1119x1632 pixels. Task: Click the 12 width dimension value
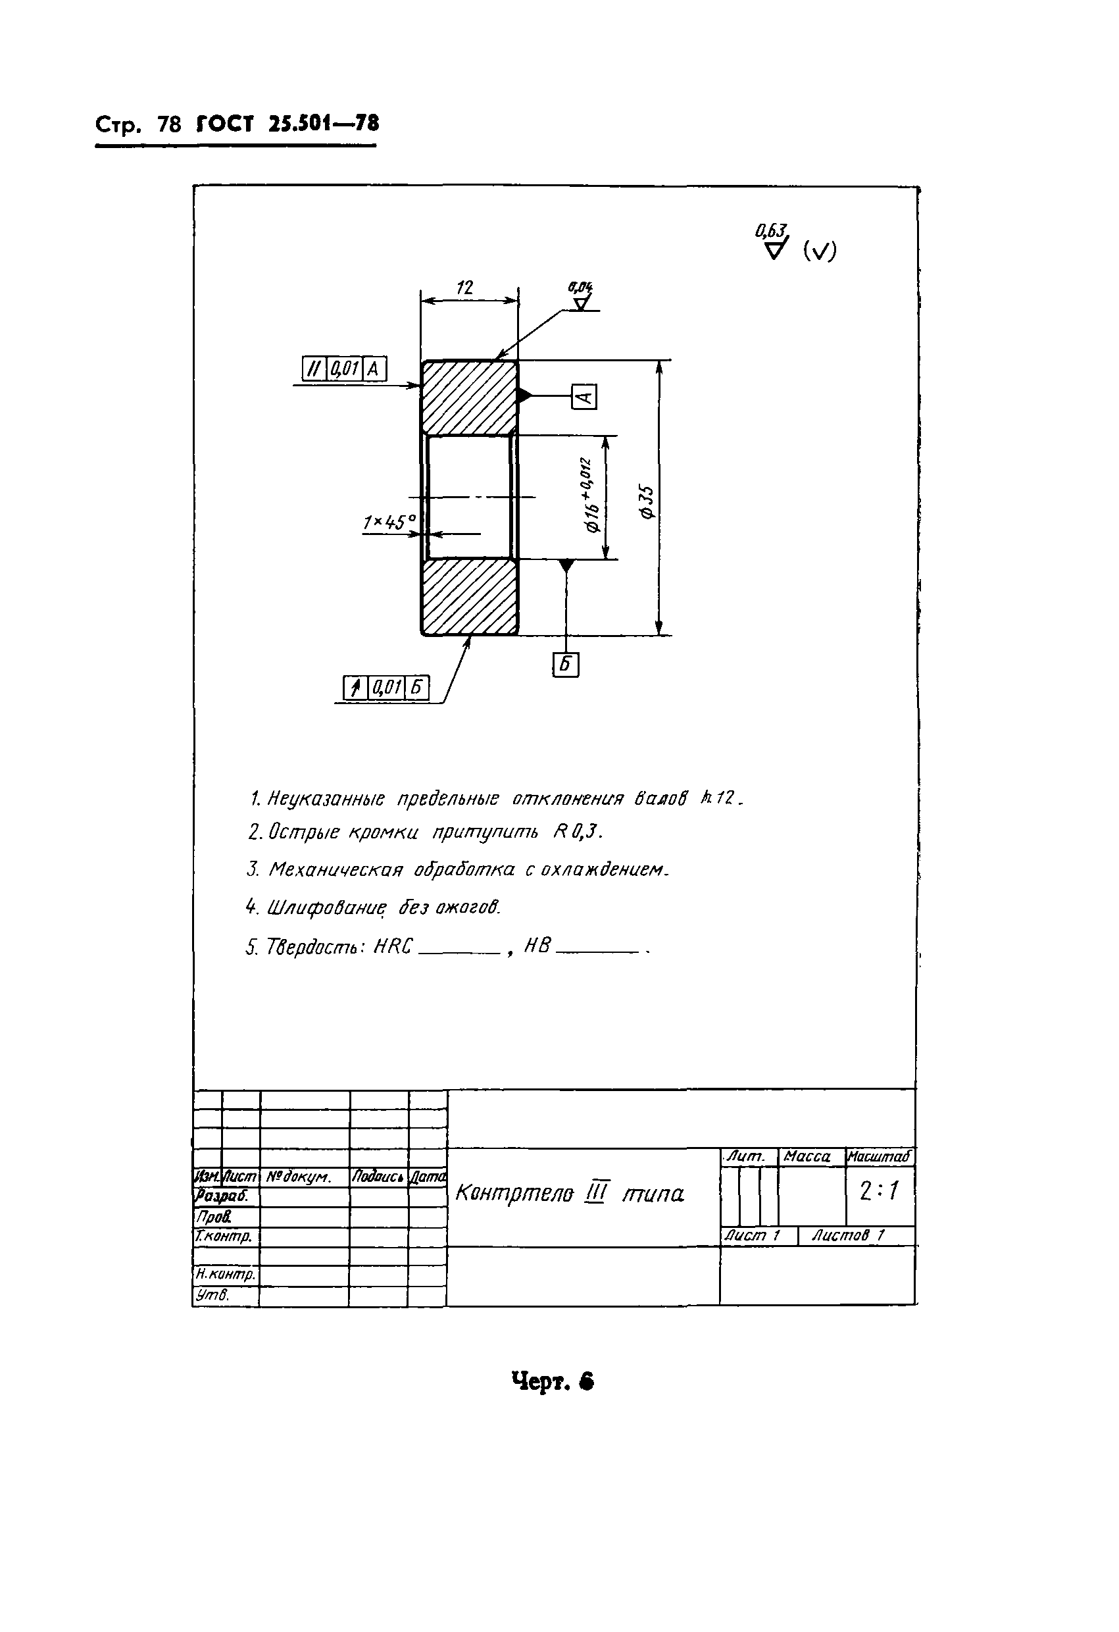[x=464, y=288]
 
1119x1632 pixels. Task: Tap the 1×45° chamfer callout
[x=389, y=523]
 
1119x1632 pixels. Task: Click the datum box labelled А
[x=584, y=397]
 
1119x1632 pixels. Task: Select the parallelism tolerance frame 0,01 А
[x=344, y=369]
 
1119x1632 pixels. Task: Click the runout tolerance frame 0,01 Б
[x=385, y=688]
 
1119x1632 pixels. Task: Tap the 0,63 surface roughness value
[x=771, y=230]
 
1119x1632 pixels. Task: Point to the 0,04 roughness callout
[x=580, y=287]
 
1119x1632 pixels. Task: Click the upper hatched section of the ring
[x=470, y=397]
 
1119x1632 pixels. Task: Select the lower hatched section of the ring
[x=470, y=597]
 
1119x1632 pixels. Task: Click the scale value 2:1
[x=879, y=1191]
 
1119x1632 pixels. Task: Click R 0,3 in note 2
[x=577, y=831]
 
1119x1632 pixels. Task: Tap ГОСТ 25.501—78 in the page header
[x=288, y=124]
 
